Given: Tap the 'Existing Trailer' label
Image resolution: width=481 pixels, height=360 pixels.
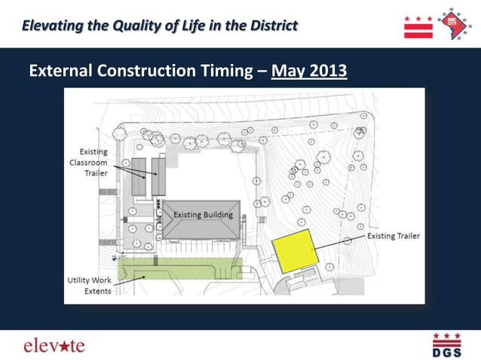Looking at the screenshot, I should (393, 236).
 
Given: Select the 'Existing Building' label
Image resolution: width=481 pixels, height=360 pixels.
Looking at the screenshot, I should (203, 215).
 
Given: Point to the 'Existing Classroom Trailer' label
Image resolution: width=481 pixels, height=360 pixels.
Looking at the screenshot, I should (88, 162).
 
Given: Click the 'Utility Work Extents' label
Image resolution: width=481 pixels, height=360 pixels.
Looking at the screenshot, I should (88, 285).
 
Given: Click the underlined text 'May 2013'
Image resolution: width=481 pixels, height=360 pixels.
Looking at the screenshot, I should (309, 72).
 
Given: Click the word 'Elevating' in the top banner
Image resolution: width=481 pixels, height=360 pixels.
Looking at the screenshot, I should (52, 26).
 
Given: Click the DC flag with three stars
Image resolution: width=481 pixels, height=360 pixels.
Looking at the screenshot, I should (418, 26).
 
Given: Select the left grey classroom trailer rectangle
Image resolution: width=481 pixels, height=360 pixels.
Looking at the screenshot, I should (139, 176).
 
